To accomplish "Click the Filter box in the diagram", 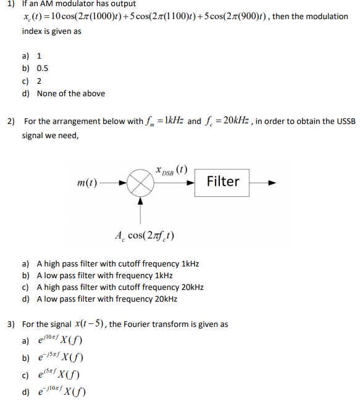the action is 222,181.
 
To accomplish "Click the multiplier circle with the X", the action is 141,183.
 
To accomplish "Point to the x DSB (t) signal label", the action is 173,168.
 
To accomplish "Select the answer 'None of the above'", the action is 70,93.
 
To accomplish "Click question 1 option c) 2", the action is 40,81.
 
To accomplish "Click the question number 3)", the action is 10,324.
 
